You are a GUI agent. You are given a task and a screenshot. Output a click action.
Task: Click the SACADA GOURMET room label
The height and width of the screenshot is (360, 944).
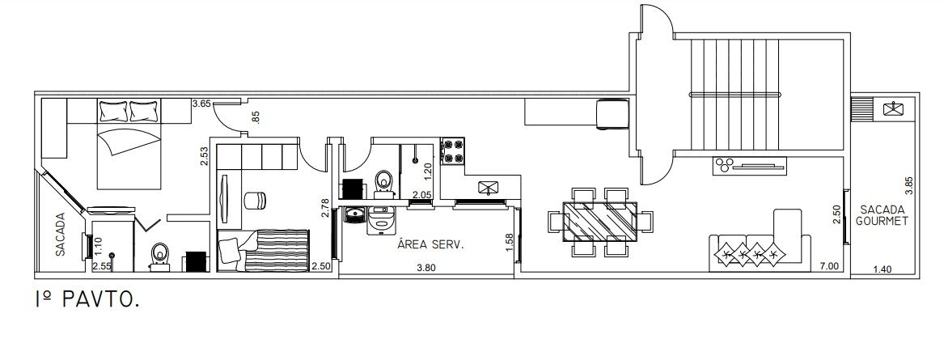883,215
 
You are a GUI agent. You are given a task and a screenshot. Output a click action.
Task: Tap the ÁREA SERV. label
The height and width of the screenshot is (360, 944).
430,245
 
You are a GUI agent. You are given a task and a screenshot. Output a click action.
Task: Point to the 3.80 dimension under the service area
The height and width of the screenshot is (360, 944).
426,269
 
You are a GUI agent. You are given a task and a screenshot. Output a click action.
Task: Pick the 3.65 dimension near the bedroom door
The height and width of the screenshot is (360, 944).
201,104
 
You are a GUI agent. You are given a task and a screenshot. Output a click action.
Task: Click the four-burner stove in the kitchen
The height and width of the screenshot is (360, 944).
453,152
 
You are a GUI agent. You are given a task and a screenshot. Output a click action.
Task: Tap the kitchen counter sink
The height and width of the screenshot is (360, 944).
489,188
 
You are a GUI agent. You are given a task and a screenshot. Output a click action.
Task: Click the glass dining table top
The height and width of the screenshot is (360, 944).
600,221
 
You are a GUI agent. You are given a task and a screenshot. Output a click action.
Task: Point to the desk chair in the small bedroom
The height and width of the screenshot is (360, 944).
255,200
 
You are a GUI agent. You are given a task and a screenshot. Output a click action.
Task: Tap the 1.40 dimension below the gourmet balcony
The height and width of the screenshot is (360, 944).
883,269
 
